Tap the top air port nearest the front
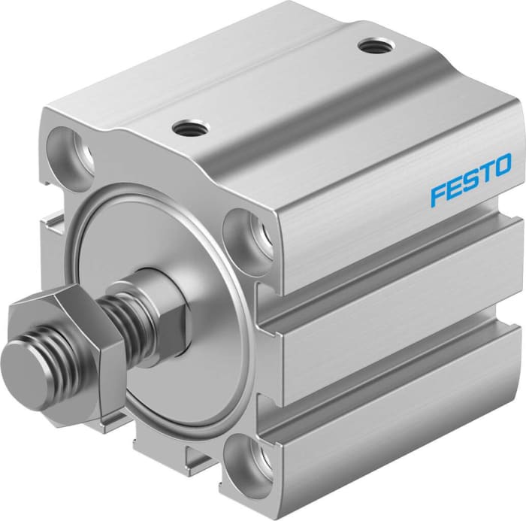click(185, 130)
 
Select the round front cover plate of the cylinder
click(173, 248)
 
